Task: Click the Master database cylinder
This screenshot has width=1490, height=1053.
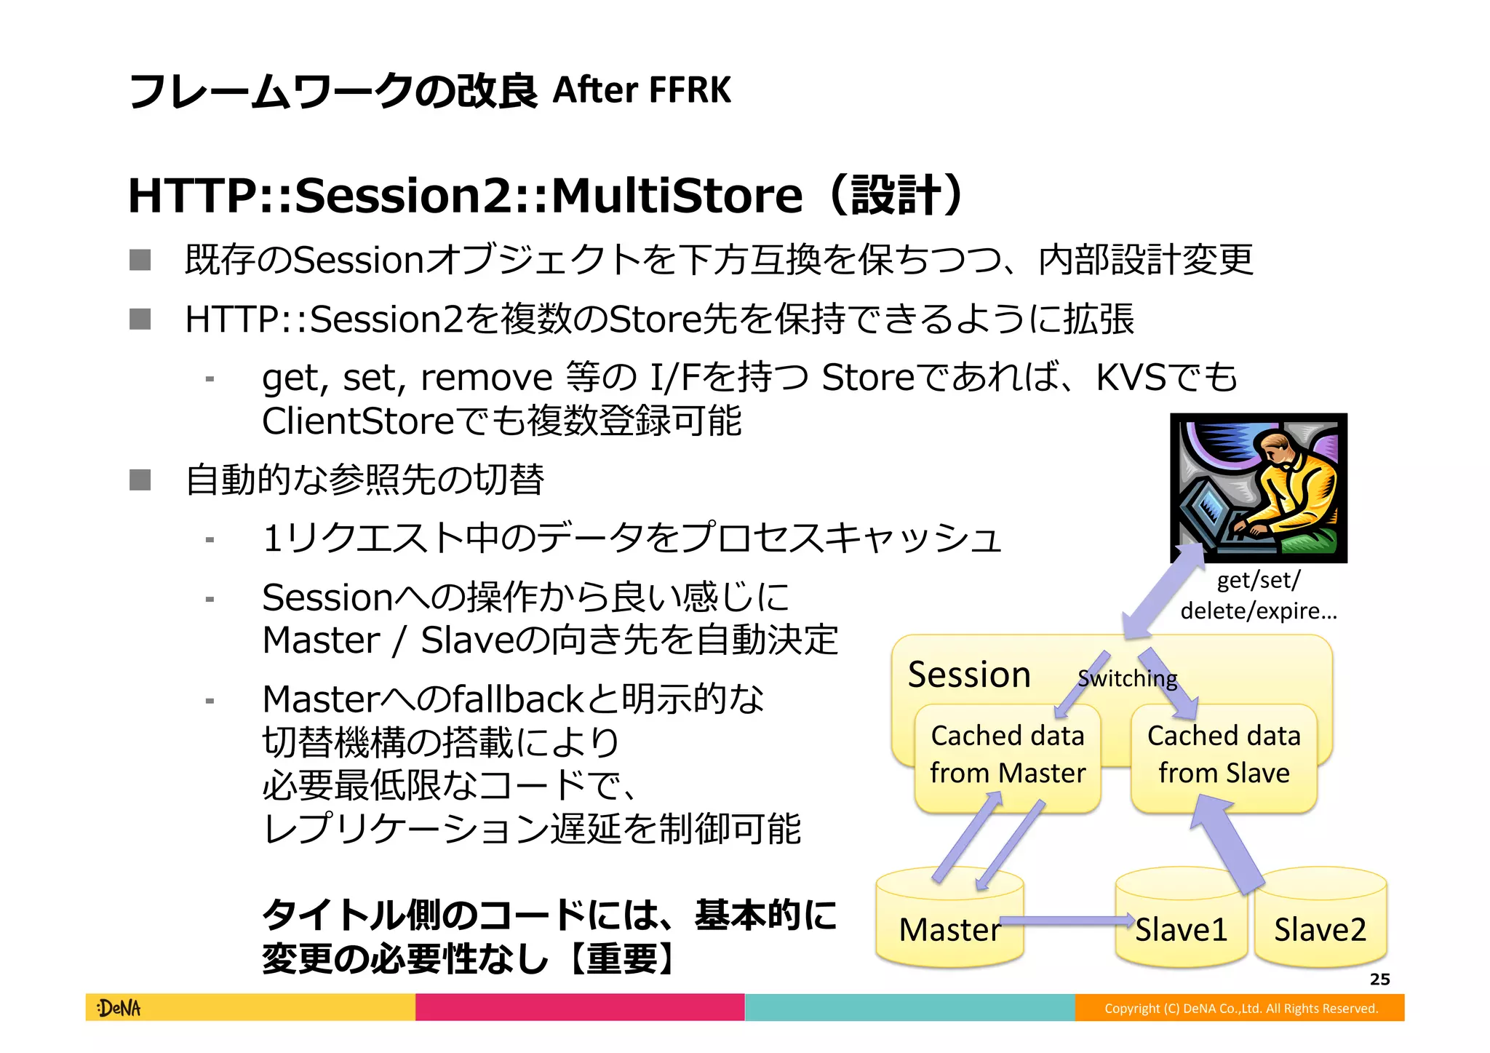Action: coord(949,921)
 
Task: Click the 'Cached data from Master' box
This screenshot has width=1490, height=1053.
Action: coord(1007,755)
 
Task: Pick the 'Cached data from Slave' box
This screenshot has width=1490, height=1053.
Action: coord(1224,755)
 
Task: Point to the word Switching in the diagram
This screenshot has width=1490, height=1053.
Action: coord(1127,678)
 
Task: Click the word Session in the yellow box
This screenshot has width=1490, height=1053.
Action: coord(969,675)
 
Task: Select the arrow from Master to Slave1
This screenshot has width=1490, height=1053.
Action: coord(1066,921)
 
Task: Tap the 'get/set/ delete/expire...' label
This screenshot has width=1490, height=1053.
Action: coord(1258,595)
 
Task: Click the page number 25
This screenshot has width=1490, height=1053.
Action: coord(1379,979)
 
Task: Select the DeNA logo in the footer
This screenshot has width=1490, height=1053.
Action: coord(119,1008)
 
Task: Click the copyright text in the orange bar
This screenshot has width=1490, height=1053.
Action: coord(1240,1008)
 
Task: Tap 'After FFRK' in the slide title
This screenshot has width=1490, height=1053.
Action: coord(642,91)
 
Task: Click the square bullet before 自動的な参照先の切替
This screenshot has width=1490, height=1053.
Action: coord(140,480)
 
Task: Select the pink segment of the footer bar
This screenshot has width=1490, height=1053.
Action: coord(580,1008)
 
